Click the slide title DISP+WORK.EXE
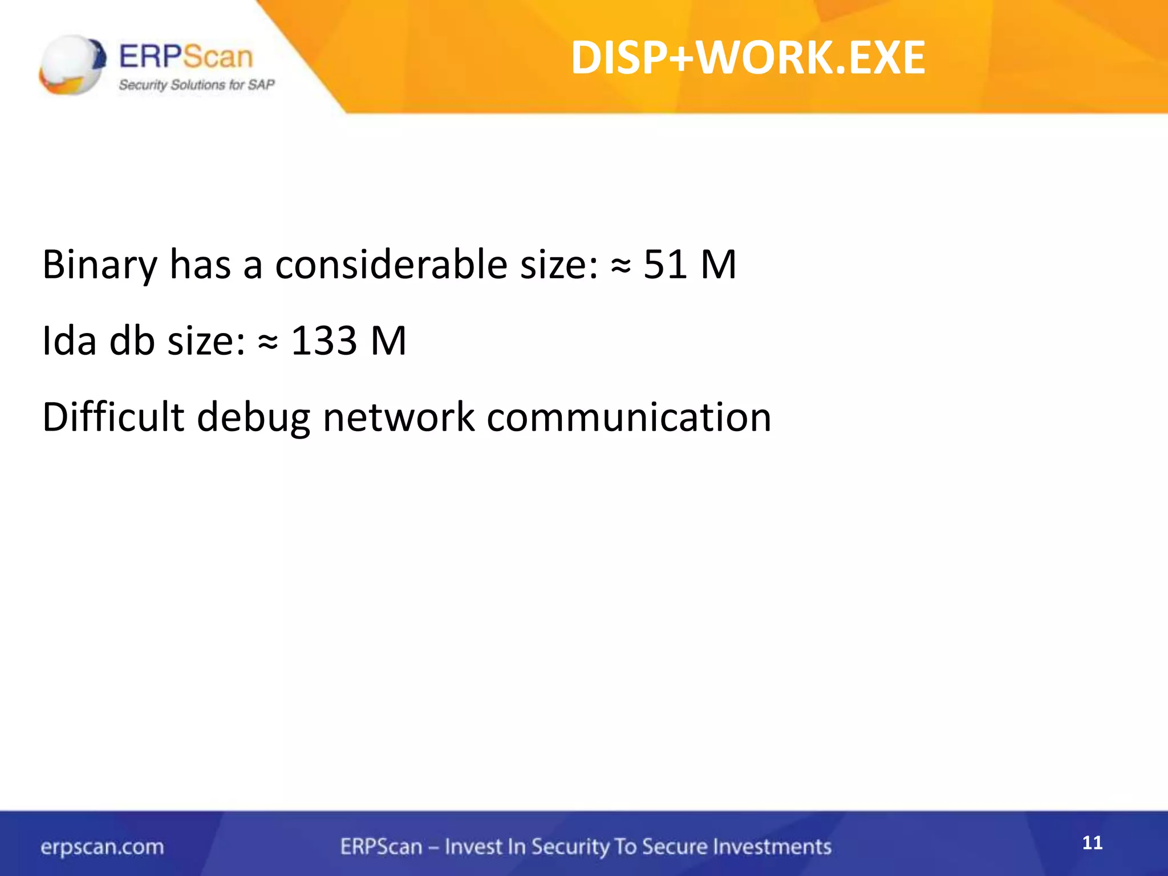click(x=748, y=58)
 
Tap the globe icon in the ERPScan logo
click(x=72, y=64)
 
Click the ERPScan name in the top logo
click(x=186, y=57)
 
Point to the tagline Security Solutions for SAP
click(x=197, y=85)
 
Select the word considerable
click(x=391, y=265)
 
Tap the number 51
click(x=665, y=265)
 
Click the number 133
click(x=324, y=341)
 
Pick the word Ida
click(x=69, y=341)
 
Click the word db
click(x=132, y=341)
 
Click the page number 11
click(x=1092, y=843)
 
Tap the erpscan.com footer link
click(x=102, y=847)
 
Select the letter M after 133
click(x=388, y=341)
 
